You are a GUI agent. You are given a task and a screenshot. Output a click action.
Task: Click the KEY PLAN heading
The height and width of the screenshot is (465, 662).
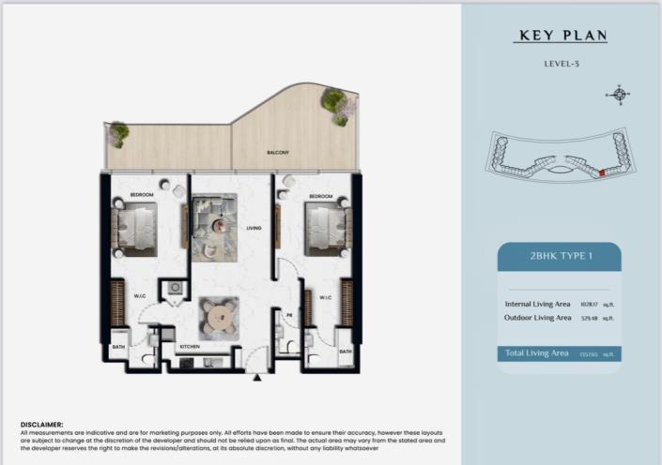tap(562, 37)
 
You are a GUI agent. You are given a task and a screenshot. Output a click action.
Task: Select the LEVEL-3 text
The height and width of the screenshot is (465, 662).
tap(562, 64)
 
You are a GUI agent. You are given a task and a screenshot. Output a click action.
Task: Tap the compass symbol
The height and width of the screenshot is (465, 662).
tap(619, 93)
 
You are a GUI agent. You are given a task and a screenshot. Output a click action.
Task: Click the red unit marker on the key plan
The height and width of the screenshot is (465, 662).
tap(601, 172)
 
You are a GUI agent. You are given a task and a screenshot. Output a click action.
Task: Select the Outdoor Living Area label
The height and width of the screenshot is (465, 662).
tap(538, 318)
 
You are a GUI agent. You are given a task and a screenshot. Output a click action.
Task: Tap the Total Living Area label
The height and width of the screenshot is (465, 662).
tap(535, 352)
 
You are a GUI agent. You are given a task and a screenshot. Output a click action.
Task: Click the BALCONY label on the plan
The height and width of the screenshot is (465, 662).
tap(277, 152)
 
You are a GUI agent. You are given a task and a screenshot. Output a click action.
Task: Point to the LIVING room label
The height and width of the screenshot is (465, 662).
tap(253, 228)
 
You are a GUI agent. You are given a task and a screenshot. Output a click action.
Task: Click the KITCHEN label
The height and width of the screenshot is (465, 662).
tap(190, 347)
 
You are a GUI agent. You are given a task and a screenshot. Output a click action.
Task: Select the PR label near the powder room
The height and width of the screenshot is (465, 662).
tap(289, 316)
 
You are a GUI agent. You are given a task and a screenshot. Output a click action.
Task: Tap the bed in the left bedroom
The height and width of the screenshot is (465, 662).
tap(140, 227)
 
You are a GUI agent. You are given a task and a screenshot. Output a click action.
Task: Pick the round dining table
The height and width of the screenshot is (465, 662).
tap(219, 313)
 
